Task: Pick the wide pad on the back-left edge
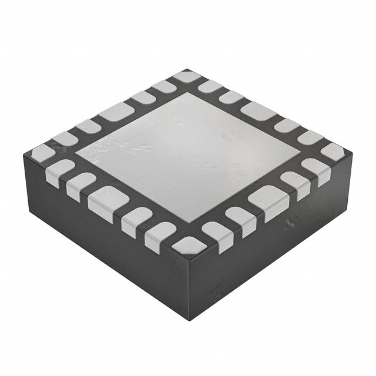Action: (117, 111)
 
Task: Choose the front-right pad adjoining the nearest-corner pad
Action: (213, 232)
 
